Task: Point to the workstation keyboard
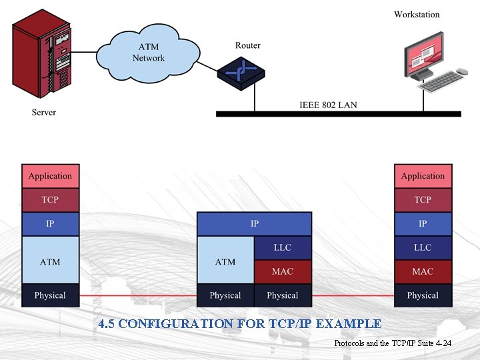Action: tap(449, 81)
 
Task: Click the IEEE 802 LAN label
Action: tap(328, 105)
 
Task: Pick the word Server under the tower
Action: tap(44, 112)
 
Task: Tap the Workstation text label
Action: tap(417, 14)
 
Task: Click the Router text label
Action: tap(247, 45)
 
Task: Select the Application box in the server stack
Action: tap(50, 176)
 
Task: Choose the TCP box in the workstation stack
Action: tap(423, 200)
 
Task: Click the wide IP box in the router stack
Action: tap(254, 224)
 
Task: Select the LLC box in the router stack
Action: tap(283, 247)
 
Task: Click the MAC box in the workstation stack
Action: tap(423, 271)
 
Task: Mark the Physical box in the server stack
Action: tap(50, 295)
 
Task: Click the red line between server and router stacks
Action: tap(138, 295)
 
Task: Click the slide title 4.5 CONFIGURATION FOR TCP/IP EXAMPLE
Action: tap(239, 324)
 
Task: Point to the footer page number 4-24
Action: tap(443, 343)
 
